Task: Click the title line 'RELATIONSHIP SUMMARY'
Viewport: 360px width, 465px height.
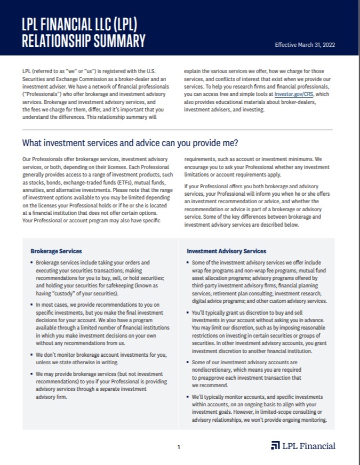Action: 84,41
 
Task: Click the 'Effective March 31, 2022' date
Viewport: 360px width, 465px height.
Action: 305,45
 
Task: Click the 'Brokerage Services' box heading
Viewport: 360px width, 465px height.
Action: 56,251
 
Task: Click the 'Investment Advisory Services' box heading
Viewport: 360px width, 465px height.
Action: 226,251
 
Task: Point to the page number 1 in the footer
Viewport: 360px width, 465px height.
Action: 179,447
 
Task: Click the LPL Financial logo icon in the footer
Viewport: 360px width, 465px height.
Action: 275,446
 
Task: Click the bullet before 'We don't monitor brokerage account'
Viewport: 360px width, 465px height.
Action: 31,354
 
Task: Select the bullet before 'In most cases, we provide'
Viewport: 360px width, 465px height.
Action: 31,304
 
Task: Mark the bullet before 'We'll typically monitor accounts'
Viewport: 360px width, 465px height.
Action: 188,397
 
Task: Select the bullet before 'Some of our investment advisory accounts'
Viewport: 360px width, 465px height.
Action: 188,362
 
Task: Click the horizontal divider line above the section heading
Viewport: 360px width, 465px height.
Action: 177,130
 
